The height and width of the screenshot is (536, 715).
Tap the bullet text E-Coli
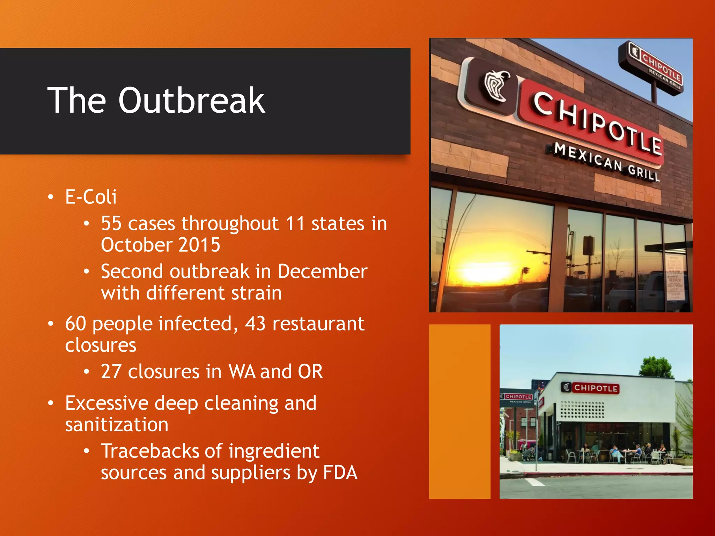[x=91, y=197]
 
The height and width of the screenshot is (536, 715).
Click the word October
[x=136, y=245]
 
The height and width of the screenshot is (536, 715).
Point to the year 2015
[x=199, y=245]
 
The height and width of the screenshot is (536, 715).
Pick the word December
[x=323, y=271]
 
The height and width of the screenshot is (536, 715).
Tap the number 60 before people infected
[x=75, y=323]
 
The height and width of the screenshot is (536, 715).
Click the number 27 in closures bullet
[x=111, y=372]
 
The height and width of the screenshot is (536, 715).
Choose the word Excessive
[x=107, y=403]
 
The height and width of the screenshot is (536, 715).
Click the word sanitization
[x=117, y=425]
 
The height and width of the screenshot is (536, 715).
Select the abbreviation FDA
[x=340, y=473]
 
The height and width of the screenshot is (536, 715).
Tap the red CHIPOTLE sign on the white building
[x=595, y=388]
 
